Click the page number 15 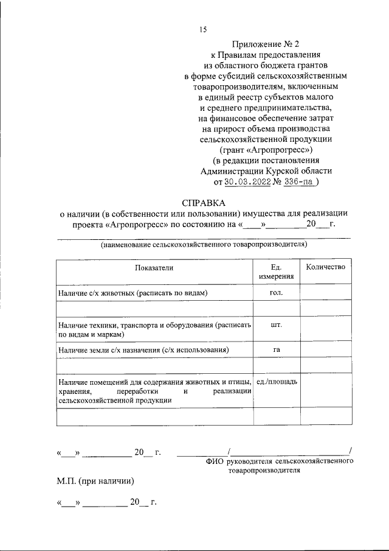click(203, 30)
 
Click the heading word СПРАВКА click(204, 202)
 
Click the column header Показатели click(154, 267)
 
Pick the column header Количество click(325, 267)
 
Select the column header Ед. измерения click(276, 272)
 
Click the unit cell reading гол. click(276, 292)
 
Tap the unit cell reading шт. click(276, 325)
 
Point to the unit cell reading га click(276, 350)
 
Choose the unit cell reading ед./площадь click(277, 381)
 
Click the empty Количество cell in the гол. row click(325, 293)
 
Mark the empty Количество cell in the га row click(325, 351)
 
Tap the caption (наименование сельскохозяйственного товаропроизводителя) click(204, 245)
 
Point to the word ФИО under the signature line click(216, 462)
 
